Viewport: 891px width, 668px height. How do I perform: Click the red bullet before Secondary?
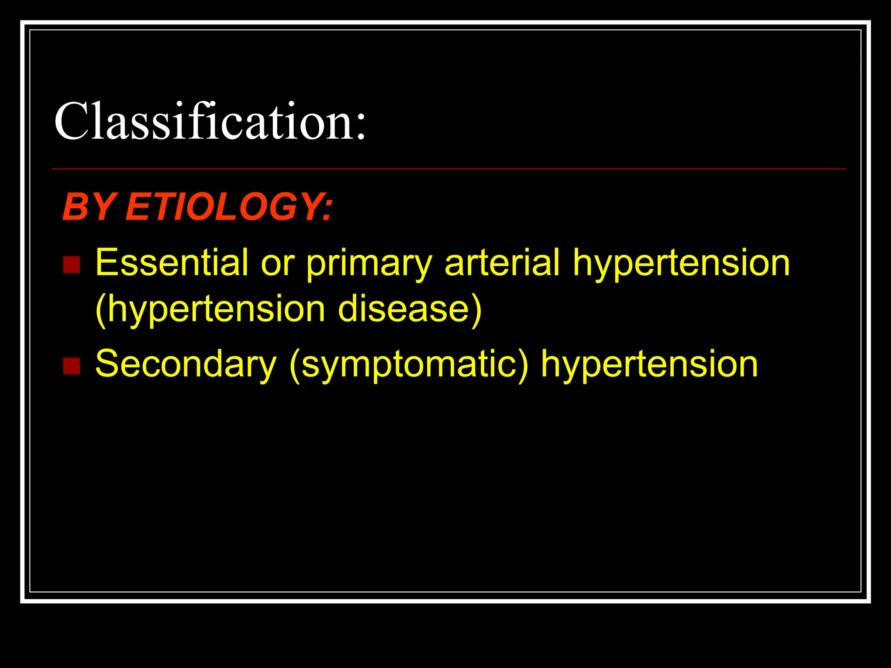coord(71,366)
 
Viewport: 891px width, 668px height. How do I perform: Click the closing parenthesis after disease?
coord(477,310)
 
